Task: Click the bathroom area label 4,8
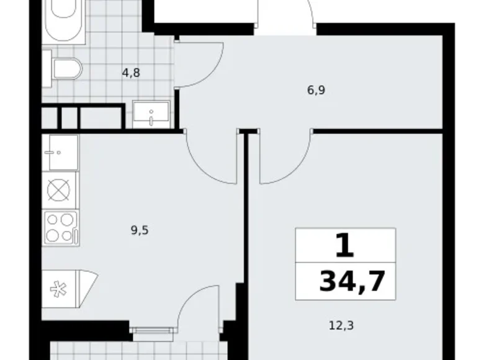click(x=130, y=72)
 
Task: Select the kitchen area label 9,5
click(x=140, y=230)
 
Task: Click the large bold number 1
click(x=345, y=245)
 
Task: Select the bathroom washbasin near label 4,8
click(x=151, y=115)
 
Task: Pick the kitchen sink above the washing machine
click(x=61, y=152)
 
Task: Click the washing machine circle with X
click(x=60, y=190)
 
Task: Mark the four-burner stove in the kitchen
click(x=60, y=227)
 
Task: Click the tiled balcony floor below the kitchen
click(x=137, y=351)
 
